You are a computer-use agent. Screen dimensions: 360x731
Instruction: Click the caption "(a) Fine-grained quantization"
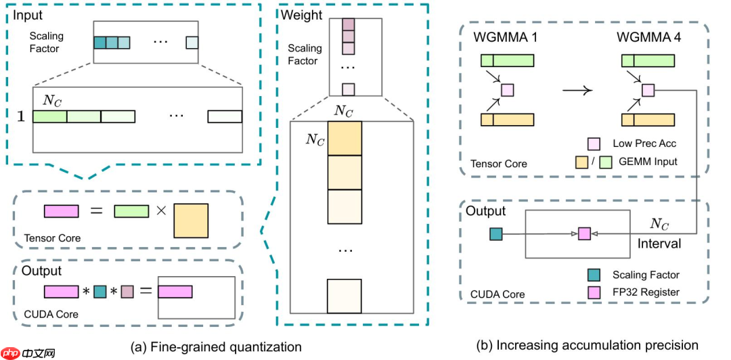tap(216, 347)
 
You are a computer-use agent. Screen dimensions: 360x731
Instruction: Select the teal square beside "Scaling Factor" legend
tap(594, 275)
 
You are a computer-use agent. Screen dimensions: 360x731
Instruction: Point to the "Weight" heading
tap(302, 15)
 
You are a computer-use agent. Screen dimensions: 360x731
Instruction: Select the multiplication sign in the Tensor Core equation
tap(161, 211)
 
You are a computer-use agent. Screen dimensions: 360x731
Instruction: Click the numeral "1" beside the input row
tap(20, 116)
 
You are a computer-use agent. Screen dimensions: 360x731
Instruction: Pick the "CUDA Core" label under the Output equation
tap(51, 314)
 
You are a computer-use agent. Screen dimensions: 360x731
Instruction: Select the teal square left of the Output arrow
tap(495, 234)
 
